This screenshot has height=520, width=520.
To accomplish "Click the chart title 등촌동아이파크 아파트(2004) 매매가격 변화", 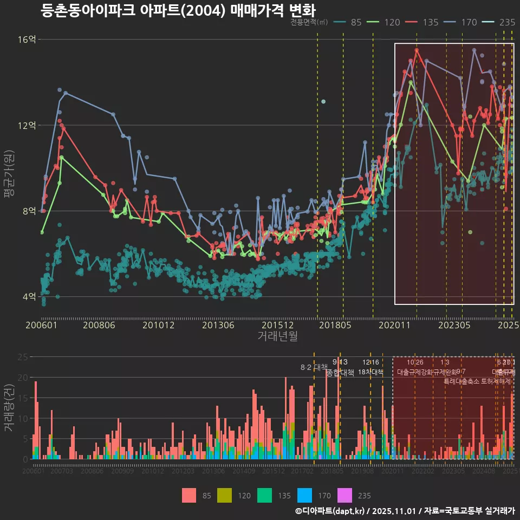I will pos(178,10).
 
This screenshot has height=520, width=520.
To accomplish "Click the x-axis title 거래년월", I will pos(277,336).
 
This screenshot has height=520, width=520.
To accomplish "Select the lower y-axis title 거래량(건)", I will pos(9,408).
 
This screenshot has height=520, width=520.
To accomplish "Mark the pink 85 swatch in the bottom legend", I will pos(189,495).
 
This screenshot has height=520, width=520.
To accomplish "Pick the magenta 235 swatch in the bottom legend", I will pos(344,495).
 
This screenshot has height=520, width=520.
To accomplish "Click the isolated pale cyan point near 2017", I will pos(323,102).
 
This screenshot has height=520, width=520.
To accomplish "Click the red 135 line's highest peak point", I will pos(417,50).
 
